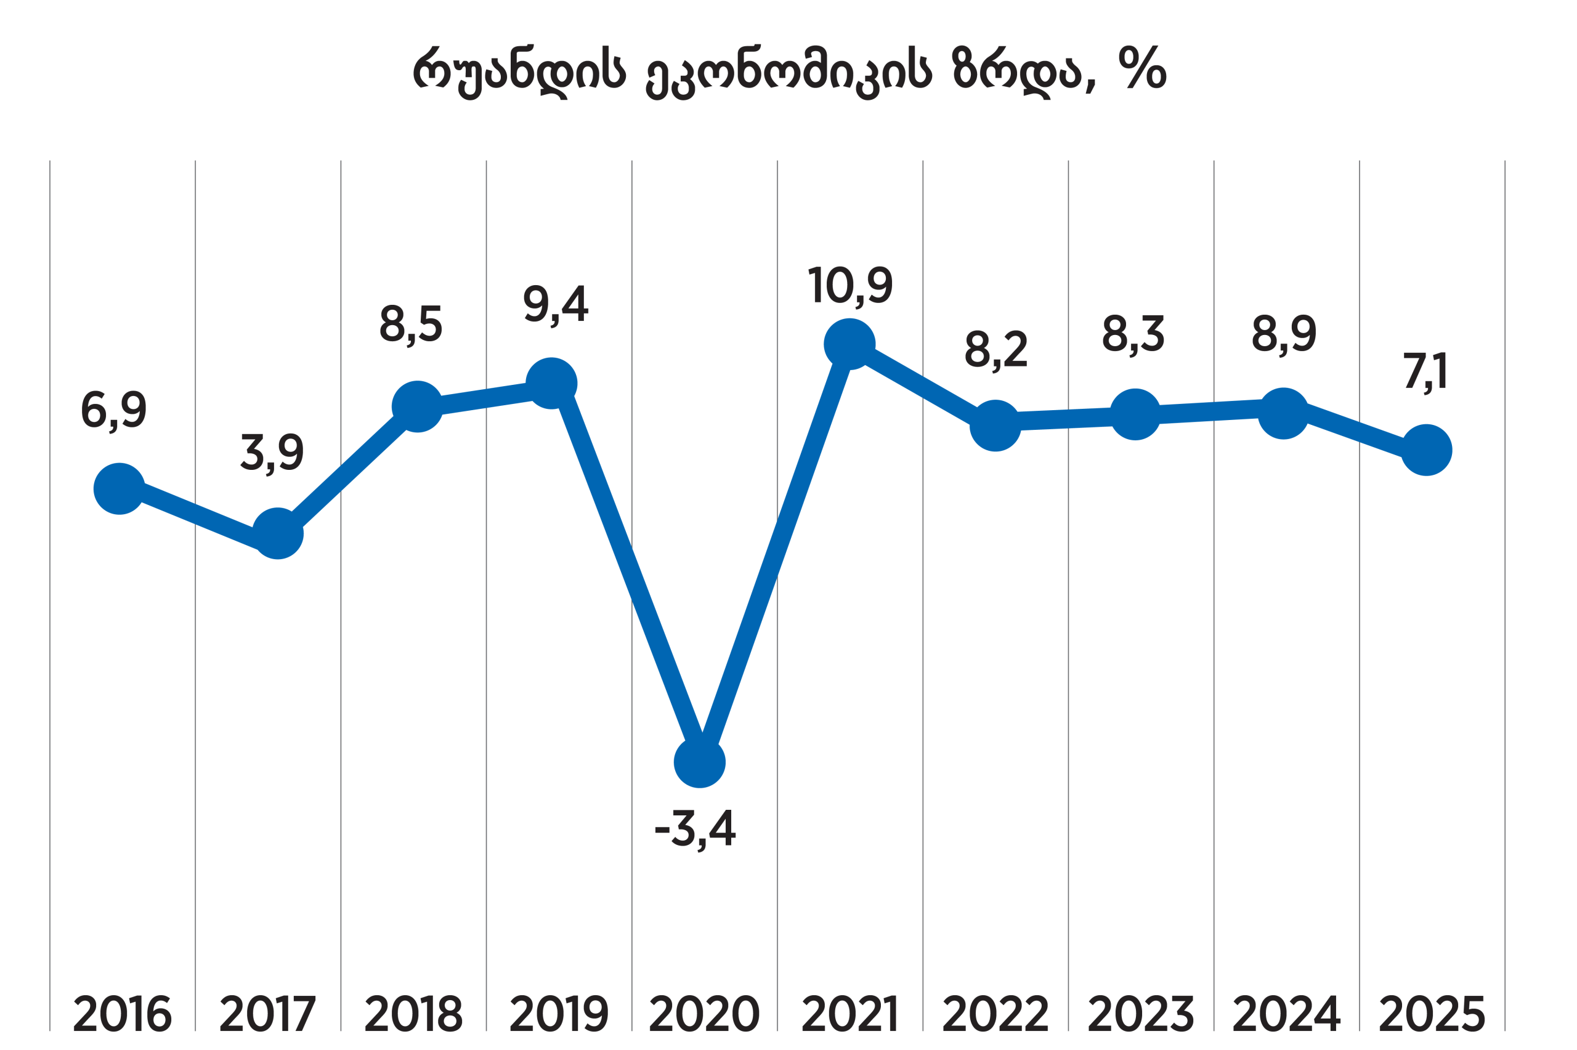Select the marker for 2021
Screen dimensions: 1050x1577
849,344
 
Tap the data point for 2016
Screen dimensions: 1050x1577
119,489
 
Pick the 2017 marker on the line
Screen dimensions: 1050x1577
277,533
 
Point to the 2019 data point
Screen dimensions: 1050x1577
551,383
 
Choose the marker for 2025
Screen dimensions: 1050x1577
1426,450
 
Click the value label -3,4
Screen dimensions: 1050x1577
695,829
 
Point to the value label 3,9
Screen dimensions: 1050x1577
272,453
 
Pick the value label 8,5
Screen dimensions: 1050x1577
410,324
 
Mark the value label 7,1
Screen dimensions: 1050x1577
1425,371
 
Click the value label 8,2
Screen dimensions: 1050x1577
995,350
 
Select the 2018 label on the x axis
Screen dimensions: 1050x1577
413,1013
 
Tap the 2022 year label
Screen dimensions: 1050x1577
995,1013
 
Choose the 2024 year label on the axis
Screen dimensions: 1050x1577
1286,1013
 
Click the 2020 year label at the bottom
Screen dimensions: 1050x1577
705,1013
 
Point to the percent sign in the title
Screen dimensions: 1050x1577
1143,67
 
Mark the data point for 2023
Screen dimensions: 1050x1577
1135,414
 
